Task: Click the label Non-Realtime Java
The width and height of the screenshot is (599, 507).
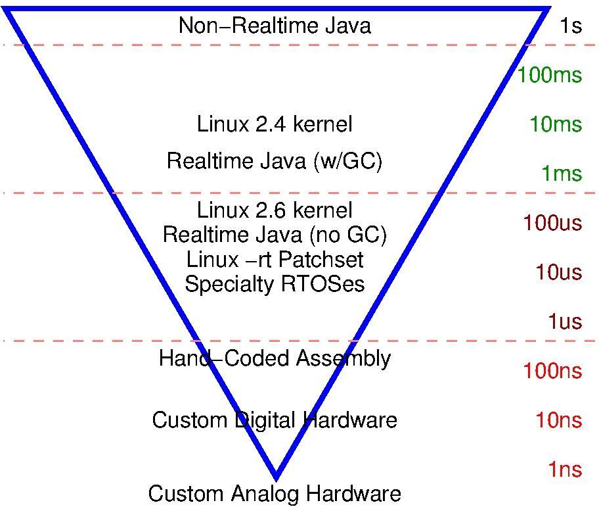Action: (275, 26)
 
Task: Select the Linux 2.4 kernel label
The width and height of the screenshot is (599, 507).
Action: (275, 124)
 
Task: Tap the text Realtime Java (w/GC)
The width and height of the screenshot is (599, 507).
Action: (275, 160)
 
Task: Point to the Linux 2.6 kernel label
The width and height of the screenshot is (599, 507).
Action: (275, 210)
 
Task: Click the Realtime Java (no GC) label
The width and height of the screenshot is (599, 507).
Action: (275, 234)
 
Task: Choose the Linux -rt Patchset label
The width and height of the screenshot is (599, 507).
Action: (275, 259)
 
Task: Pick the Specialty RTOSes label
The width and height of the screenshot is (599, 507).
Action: (275, 284)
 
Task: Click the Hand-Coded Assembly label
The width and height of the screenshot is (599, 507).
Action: (275, 358)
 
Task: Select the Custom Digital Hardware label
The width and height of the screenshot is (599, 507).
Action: (275, 420)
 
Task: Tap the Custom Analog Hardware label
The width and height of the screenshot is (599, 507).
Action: (275, 493)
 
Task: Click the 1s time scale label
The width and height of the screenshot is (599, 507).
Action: (571, 26)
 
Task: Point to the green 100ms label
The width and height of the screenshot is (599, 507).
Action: (549, 75)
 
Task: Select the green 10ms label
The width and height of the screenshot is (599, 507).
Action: (556, 124)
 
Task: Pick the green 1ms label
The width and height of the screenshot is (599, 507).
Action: (562, 174)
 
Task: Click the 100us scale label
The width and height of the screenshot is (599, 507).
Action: (552, 223)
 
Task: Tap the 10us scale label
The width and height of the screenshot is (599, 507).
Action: (558, 272)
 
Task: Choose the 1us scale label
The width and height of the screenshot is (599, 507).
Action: (565, 322)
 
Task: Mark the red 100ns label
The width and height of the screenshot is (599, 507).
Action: (552, 371)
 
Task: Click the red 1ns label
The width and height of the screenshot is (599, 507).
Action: (565, 470)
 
